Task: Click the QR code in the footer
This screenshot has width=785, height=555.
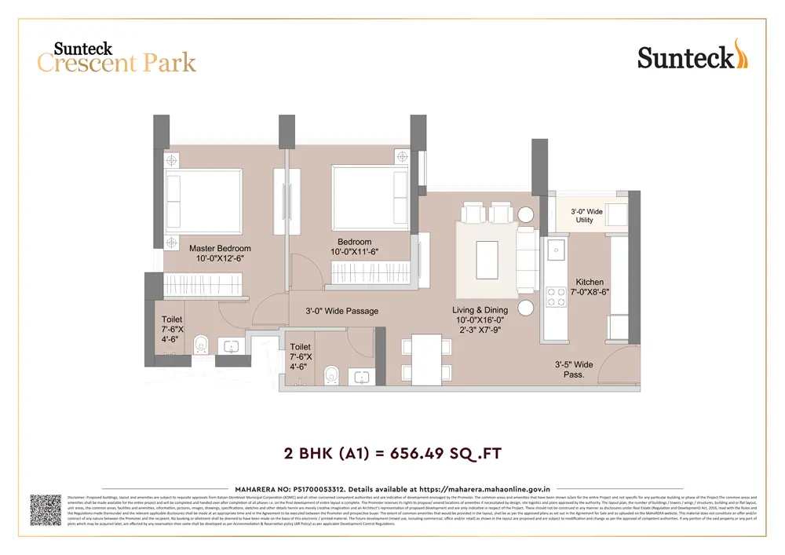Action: (x=46, y=509)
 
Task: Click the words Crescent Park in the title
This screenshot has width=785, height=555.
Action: (x=116, y=63)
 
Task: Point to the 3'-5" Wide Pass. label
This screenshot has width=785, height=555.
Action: (x=574, y=369)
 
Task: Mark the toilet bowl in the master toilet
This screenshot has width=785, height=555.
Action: (x=201, y=344)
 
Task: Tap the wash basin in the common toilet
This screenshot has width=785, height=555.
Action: (x=361, y=377)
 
